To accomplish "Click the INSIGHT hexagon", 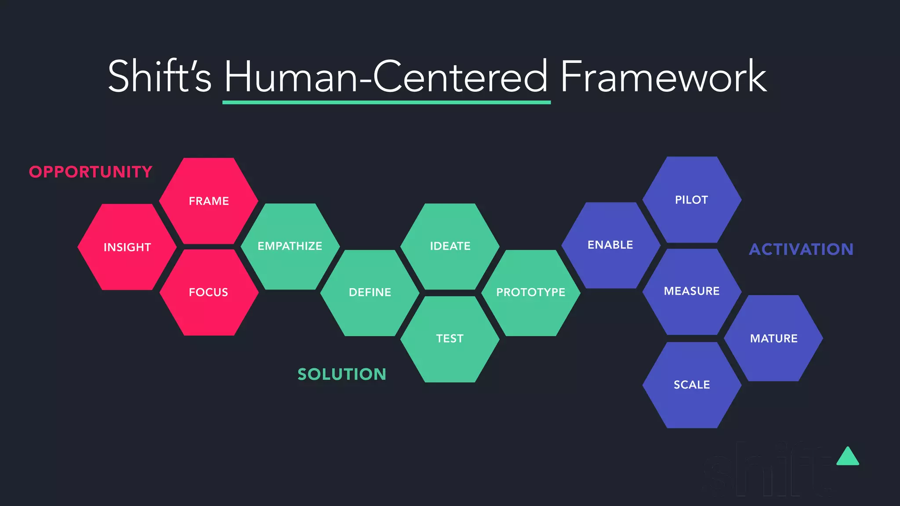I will pyautogui.click(x=127, y=247).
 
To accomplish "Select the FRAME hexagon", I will pyautogui.click(x=209, y=201).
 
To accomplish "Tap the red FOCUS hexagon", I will pyautogui.click(x=209, y=292).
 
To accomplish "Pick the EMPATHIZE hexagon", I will pyautogui.click(x=290, y=246).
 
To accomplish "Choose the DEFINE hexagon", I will pyautogui.click(x=370, y=293).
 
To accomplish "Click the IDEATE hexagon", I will pyautogui.click(x=450, y=246).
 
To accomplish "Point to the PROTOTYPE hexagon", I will pyautogui.click(x=531, y=293).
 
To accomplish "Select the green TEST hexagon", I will pyautogui.click(x=450, y=339).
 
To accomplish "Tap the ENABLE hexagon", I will pyautogui.click(x=610, y=245).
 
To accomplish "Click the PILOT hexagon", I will pyautogui.click(x=692, y=200).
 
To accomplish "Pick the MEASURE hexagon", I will pyautogui.click(x=692, y=291).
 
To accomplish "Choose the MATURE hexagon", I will pyautogui.click(x=773, y=338).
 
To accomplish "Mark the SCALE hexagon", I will pyautogui.click(x=692, y=385).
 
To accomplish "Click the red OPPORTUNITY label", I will pyautogui.click(x=91, y=172).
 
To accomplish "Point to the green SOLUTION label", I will pyautogui.click(x=342, y=374).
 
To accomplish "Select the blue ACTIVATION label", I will pyautogui.click(x=801, y=249).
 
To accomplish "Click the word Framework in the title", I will pyautogui.click(x=664, y=77).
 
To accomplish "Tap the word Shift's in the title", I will pyautogui.click(x=160, y=77).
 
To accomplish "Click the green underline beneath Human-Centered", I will pyautogui.click(x=386, y=102).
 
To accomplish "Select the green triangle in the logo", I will pyautogui.click(x=848, y=458).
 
